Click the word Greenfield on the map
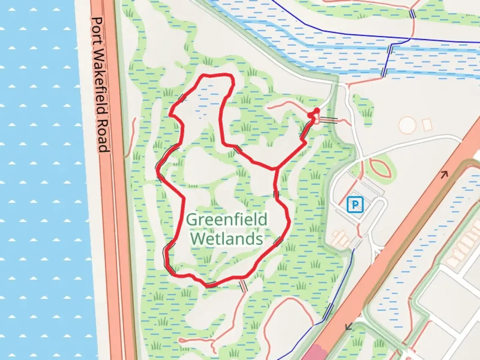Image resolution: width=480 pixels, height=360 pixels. coord(227,220)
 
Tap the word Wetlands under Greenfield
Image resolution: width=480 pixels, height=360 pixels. coord(227,239)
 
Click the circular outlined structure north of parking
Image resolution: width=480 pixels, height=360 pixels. coord(407,125)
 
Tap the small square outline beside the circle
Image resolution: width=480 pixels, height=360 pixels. coord(427,124)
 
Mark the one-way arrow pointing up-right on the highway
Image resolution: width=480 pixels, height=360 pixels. coord(444,174)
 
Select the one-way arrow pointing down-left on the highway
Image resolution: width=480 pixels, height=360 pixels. coord(349,326)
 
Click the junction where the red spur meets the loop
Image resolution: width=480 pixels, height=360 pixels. coord(276,169)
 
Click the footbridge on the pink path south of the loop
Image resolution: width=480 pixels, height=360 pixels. coord(243,286)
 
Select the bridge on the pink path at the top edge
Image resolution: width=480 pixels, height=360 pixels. coord(413,14)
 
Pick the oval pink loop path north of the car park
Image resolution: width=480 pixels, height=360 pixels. coord(380,168)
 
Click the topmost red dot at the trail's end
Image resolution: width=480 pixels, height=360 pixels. coord(317,110)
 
